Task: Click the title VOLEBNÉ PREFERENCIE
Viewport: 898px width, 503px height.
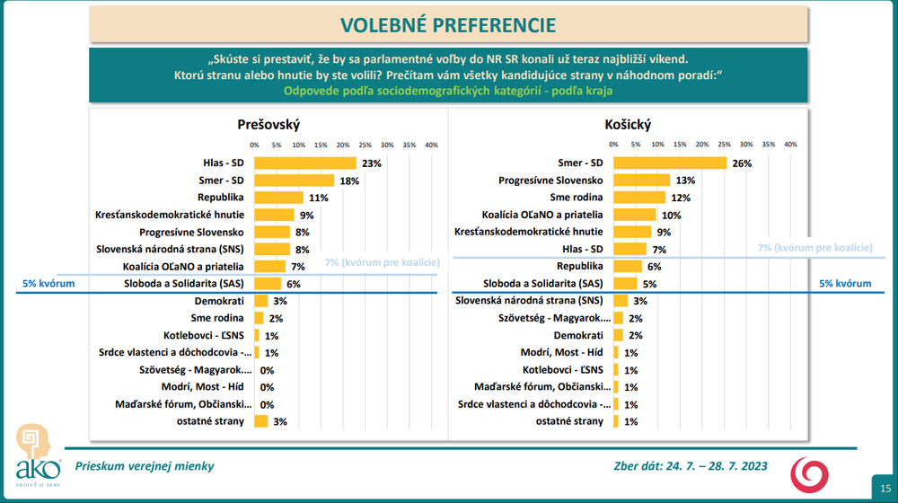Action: pyautogui.click(x=449, y=24)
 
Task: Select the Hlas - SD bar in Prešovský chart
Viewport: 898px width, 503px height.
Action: pyautogui.click(x=305, y=163)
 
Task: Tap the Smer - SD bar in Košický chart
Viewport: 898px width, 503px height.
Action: pyautogui.click(x=670, y=163)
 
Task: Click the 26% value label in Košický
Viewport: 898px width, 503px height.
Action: pyautogui.click(x=742, y=163)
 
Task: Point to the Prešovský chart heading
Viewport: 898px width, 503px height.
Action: pyautogui.click(x=269, y=125)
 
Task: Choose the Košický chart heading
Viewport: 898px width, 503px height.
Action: pyautogui.click(x=629, y=125)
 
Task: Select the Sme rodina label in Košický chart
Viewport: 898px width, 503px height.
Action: pyautogui.click(x=577, y=198)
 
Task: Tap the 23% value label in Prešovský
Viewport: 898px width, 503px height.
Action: pyautogui.click(x=372, y=163)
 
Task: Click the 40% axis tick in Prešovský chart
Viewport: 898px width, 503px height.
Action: pyautogui.click(x=431, y=145)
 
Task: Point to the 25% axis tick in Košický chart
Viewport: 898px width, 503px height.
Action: pyautogui.click(x=725, y=145)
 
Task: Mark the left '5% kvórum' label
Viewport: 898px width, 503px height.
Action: pyautogui.click(x=48, y=283)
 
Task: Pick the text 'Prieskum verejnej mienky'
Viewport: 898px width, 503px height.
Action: pyautogui.click(x=145, y=466)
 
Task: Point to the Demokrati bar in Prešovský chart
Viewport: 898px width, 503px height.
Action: pyautogui.click(x=261, y=301)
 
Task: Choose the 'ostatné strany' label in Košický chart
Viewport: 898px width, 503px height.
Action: pyautogui.click(x=569, y=420)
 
